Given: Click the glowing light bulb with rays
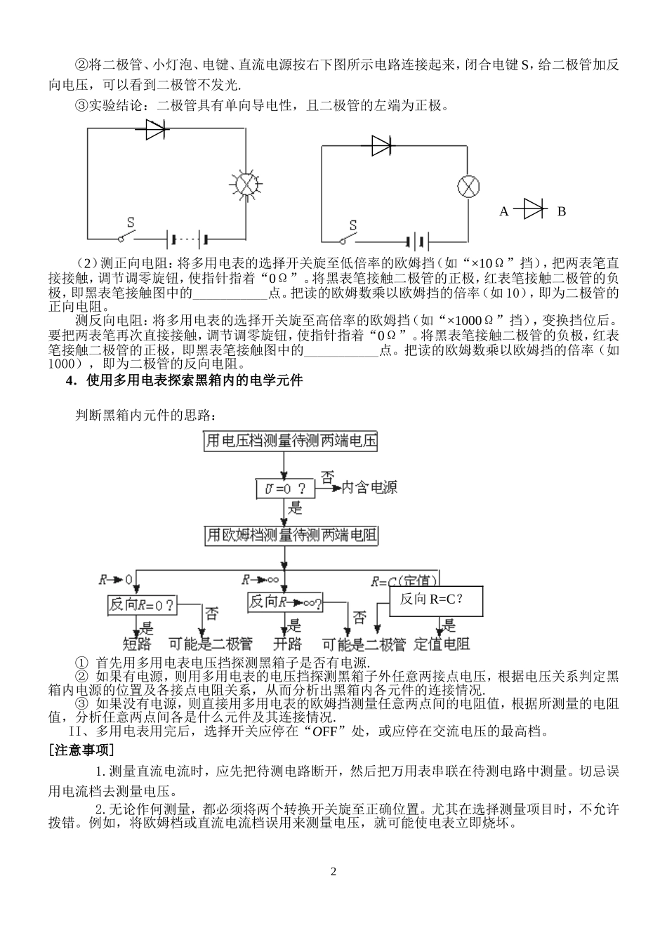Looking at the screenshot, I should coord(246,183).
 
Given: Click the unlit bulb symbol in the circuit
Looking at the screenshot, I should coord(468,186).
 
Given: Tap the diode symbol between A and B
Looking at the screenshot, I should coord(532,210).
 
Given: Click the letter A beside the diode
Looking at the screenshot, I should coord(503,211).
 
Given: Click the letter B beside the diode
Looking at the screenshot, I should coord(561,211).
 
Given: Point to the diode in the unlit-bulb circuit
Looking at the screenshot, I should coord(381,145).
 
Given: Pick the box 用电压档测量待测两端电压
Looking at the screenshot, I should coord(291,442).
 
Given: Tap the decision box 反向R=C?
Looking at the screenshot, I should coord(436,600).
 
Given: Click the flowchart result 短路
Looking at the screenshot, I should coord(137,643).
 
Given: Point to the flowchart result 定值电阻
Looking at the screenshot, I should coord(442,643).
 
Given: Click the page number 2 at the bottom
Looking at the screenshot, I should coord(333,872).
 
